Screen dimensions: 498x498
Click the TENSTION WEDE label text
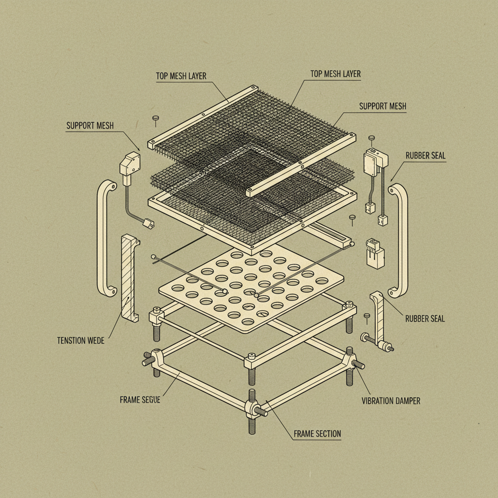point(80,340)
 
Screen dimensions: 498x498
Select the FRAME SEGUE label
point(140,400)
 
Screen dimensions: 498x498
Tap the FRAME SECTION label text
point(317,433)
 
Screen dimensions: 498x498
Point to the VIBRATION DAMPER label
point(391,401)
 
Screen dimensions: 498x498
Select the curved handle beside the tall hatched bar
point(107,238)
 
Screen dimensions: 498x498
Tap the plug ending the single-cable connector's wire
point(147,224)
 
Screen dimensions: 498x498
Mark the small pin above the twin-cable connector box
point(372,139)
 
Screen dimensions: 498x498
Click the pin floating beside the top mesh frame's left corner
point(156,118)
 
